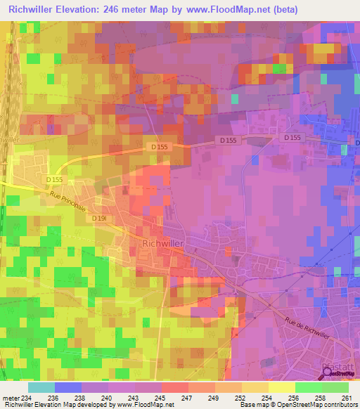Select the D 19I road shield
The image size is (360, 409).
tap(99, 218)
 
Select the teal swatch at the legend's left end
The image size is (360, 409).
tap(41, 387)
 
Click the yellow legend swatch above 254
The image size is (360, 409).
tap(255, 387)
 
